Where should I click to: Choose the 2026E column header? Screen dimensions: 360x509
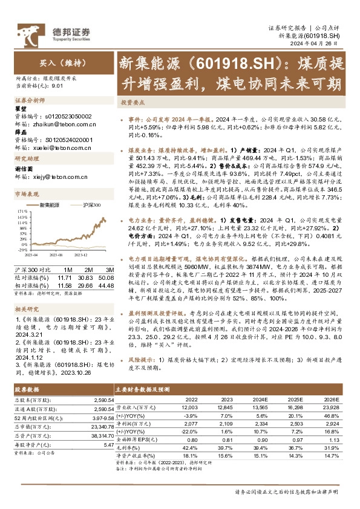click(332, 399)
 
